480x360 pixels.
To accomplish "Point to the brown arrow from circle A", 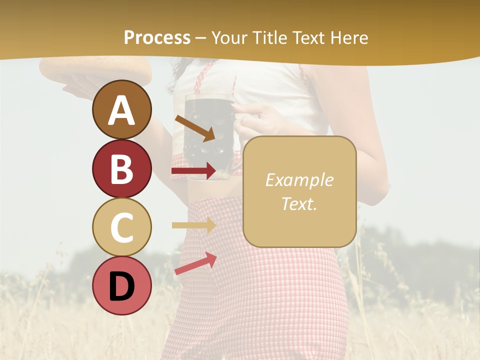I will pos(195,128).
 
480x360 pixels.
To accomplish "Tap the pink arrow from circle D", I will pos(195,263).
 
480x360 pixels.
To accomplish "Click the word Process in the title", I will pos(157,38).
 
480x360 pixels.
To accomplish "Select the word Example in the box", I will pos(299,180).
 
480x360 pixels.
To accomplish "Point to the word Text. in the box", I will pos(299,203).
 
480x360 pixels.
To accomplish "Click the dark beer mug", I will pos(205,132).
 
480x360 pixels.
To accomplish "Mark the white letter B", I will pos(121,169).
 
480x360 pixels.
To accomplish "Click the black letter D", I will pos(121,286).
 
